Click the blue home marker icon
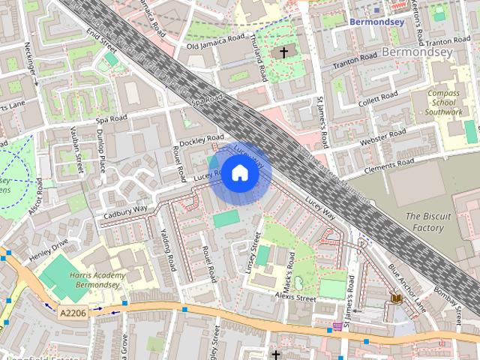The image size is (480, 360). (x=239, y=173)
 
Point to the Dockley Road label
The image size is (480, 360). (x=201, y=140)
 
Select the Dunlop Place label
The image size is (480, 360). (x=100, y=148)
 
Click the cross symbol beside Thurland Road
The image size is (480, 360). (x=283, y=52)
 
